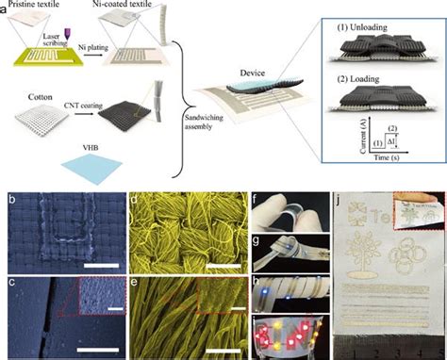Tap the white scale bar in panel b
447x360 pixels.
point(98,265)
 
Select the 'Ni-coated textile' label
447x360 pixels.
point(140,6)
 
